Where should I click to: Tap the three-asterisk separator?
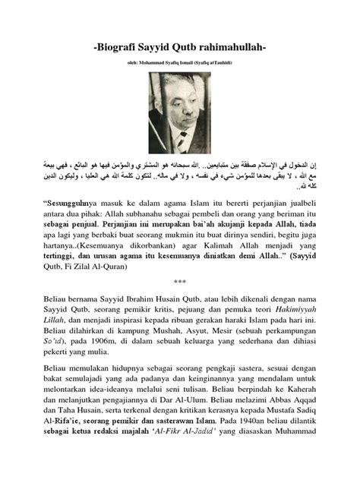[x=180, y=302]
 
